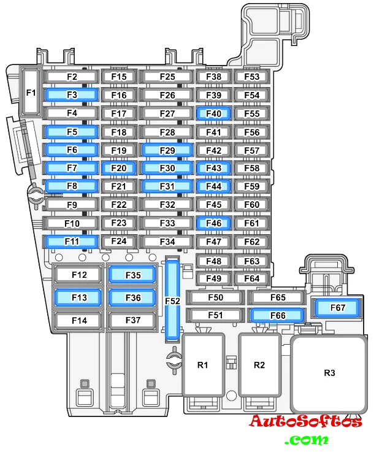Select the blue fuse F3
72,95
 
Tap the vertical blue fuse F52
173,301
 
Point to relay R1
203,365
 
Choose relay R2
259,365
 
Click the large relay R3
329,373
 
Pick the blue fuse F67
337,307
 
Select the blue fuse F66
278,315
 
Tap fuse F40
213,113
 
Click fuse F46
213,223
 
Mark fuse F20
119,169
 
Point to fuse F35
132,275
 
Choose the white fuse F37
132,320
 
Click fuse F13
79,297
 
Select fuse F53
251,77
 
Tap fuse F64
251,278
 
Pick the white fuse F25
167,77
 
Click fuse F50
215,297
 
